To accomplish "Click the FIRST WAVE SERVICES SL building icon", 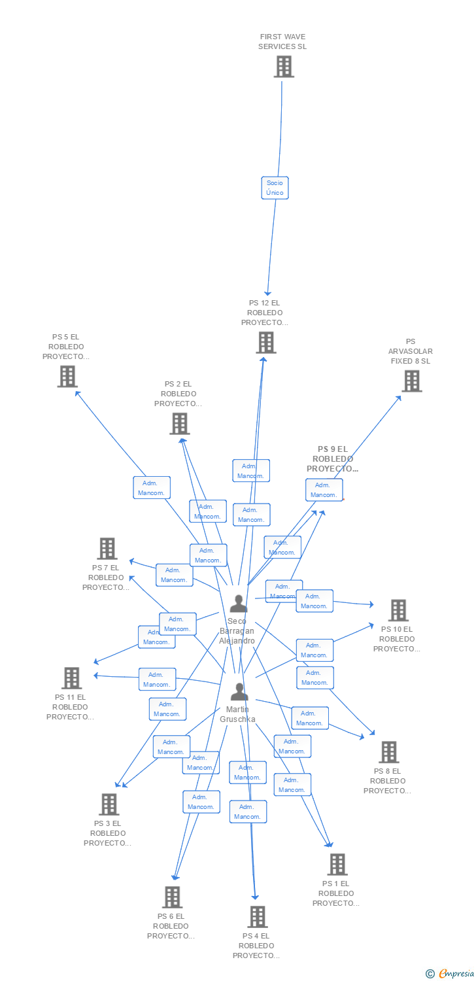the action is click(284, 67).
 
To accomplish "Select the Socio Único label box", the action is click(275, 188).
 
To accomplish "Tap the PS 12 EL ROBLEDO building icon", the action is click(265, 343).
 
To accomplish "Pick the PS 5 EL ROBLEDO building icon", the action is click(67, 376).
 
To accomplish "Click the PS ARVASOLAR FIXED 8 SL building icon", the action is click(411, 381).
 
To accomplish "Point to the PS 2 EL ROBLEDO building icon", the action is click(179, 424).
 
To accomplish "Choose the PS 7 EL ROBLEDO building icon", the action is click(107, 549).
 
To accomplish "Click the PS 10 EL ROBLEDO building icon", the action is click(398, 610).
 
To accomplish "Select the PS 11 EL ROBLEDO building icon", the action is click(72, 678).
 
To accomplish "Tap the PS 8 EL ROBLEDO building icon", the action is click(389, 752).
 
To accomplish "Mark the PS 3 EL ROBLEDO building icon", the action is click(109, 804).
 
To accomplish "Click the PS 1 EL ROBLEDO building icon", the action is click(337, 865).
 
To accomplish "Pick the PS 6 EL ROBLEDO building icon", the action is click(173, 897).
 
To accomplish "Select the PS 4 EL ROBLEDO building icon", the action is click(258, 917).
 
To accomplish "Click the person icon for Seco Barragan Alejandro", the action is click(238, 604).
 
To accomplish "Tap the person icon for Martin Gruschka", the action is click(239, 691).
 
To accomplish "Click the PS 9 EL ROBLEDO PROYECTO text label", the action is click(332, 459).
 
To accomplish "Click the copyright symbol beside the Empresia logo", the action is click(430, 974).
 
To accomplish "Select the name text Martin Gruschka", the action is click(237, 714).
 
